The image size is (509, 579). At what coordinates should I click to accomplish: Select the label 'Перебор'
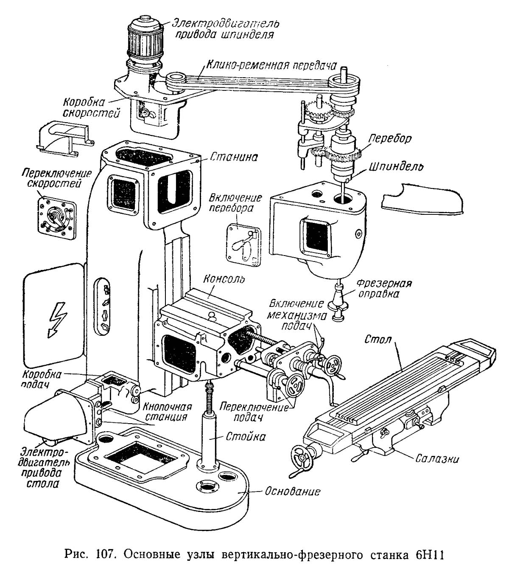coord(390,138)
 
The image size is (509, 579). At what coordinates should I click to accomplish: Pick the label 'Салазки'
coord(437,458)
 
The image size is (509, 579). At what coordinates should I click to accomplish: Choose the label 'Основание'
coord(292,492)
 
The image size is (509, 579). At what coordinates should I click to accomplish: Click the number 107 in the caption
coord(100,555)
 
